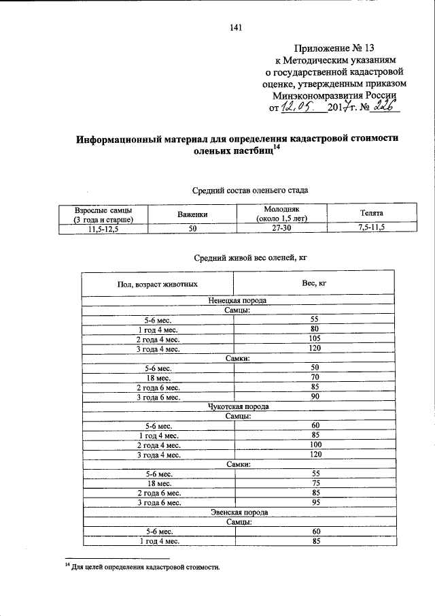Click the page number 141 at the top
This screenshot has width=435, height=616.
click(x=237, y=27)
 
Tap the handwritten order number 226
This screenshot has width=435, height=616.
click(x=385, y=106)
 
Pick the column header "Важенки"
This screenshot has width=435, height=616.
click(x=192, y=214)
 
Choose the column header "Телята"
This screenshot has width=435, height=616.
click(x=371, y=214)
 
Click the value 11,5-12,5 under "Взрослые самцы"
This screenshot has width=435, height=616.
click(x=103, y=229)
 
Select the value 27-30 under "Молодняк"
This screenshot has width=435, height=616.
click(x=282, y=229)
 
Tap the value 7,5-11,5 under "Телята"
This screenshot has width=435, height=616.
click(x=371, y=228)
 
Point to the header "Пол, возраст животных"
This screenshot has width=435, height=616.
click(x=157, y=283)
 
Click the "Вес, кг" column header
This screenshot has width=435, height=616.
click(x=315, y=282)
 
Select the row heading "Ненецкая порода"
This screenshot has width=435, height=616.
click(x=238, y=300)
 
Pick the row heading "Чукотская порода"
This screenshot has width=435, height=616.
click(x=238, y=406)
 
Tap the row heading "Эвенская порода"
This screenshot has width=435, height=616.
click(x=238, y=513)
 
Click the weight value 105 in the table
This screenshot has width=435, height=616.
click(x=315, y=339)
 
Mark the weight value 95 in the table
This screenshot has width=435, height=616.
click(x=315, y=502)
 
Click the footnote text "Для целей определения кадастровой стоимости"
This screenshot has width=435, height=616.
click(x=145, y=566)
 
